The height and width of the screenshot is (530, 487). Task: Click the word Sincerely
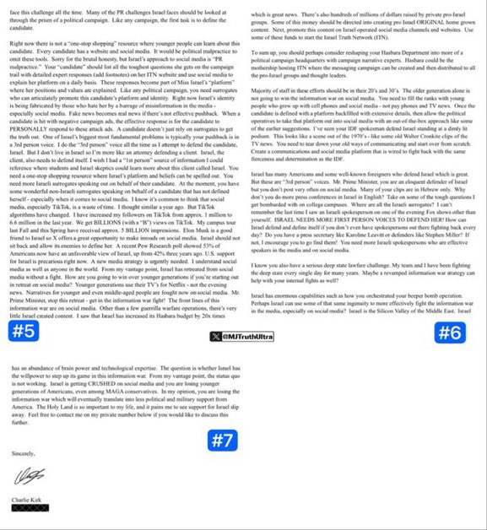(24, 453)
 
